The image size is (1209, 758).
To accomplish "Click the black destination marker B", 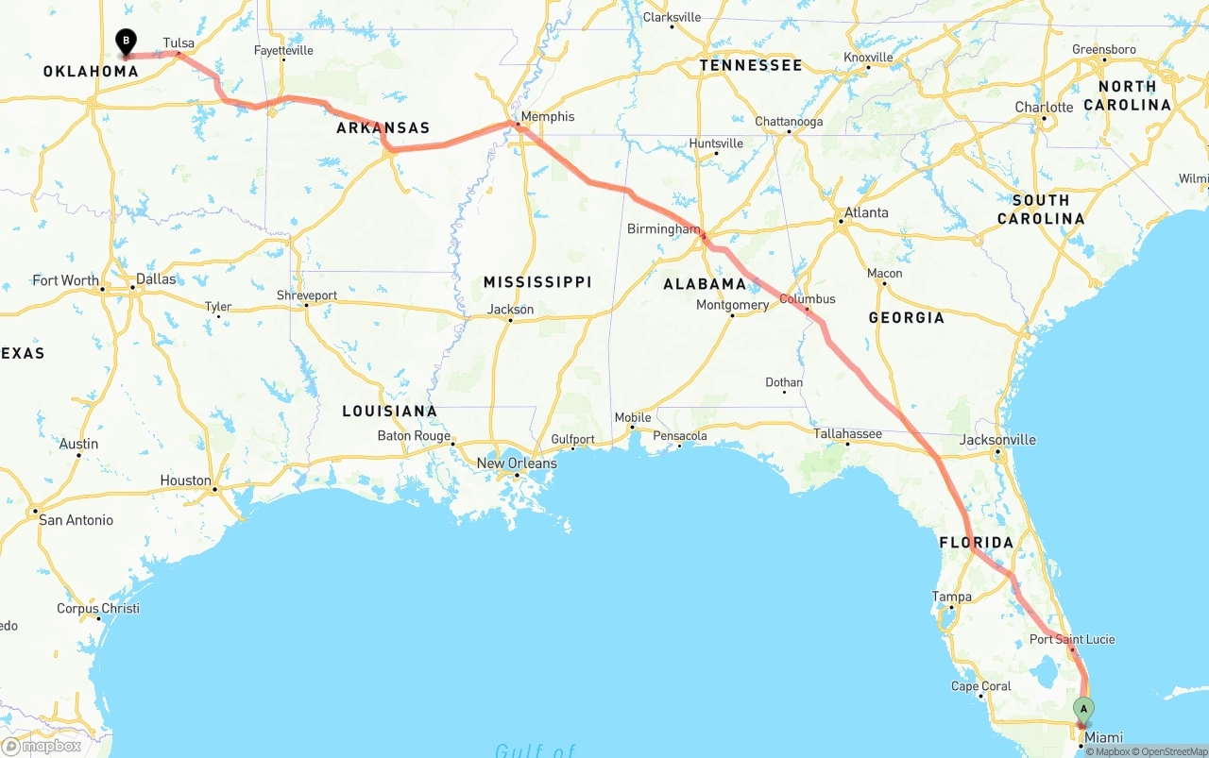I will point(126,42).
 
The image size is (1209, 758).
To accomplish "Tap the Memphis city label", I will point(547,117).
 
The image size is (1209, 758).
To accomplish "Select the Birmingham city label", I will point(663,229).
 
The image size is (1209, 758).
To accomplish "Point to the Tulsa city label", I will point(179,43).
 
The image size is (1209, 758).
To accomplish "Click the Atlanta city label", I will point(866,212).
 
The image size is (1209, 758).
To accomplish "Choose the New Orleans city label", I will point(517,463).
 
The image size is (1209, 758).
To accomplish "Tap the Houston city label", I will point(185,480).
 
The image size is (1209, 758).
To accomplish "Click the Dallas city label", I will point(156,279).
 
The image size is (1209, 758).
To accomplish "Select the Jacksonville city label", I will point(997,440).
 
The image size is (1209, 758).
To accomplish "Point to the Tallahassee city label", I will point(848,434).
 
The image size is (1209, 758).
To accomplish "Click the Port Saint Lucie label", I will point(1072,639).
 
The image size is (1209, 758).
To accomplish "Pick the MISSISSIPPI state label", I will point(537,282).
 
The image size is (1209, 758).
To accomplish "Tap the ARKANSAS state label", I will point(383,128).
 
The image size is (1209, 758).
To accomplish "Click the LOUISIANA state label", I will point(389,412).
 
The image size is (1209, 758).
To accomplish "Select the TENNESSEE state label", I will point(751,65).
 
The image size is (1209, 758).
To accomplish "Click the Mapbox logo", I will point(42,746).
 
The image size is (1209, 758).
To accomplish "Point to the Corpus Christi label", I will point(97,609).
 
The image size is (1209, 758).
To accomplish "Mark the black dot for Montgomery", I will point(732,315).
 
